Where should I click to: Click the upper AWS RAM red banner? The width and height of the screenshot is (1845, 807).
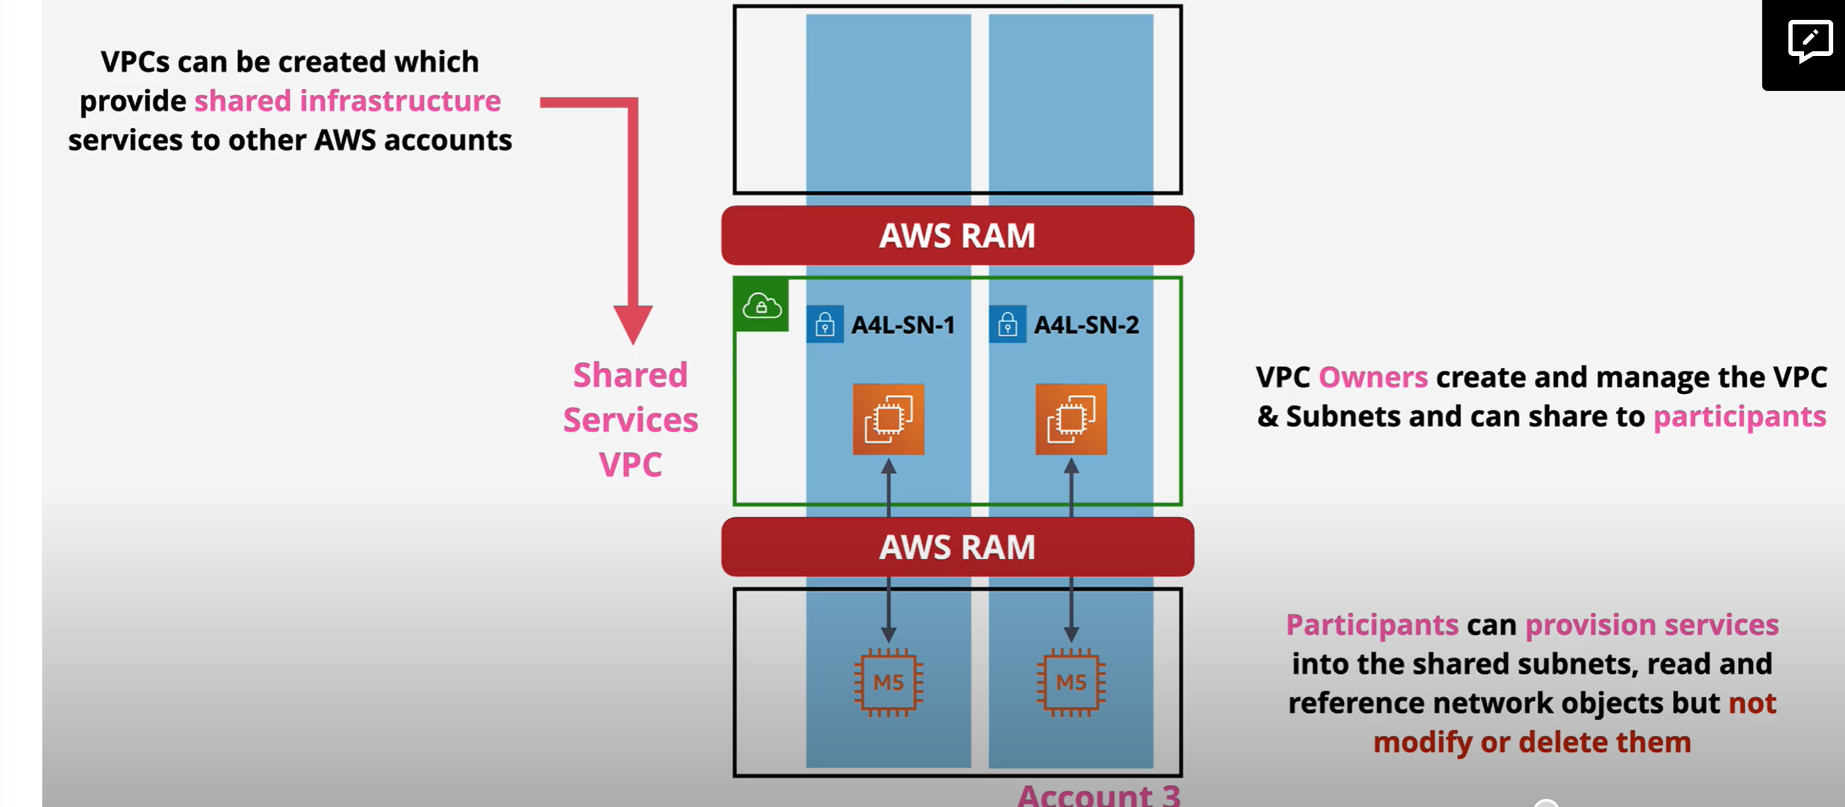pos(958,235)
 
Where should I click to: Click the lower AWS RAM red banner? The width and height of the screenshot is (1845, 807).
pos(958,547)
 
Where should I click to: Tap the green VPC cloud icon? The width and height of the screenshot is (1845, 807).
pos(761,305)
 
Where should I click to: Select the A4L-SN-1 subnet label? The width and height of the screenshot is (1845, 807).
pos(903,325)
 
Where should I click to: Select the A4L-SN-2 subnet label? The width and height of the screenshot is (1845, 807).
pos(1086,325)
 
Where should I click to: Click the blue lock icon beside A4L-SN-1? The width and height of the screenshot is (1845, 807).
pos(825,324)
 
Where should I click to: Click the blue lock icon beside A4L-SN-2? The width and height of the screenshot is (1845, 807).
pos(1008,324)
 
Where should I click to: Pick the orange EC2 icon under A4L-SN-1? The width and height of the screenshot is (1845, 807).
pos(888,419)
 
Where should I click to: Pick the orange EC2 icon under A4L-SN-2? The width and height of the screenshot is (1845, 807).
pos(1071,419)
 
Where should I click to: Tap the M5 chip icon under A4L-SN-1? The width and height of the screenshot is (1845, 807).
pos(888,683)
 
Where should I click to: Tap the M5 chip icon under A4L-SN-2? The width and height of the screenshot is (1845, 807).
pos(1071,683)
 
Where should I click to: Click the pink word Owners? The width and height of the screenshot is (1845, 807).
pos(1373,377)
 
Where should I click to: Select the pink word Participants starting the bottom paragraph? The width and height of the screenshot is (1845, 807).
pos(1372,626)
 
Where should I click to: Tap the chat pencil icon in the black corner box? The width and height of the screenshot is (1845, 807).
pos(1810,41)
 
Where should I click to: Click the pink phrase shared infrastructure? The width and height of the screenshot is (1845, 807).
pos(347,101)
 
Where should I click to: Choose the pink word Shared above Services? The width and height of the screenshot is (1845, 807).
pos(630,375)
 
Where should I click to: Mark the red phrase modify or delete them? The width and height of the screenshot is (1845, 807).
pos(1532,742)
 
